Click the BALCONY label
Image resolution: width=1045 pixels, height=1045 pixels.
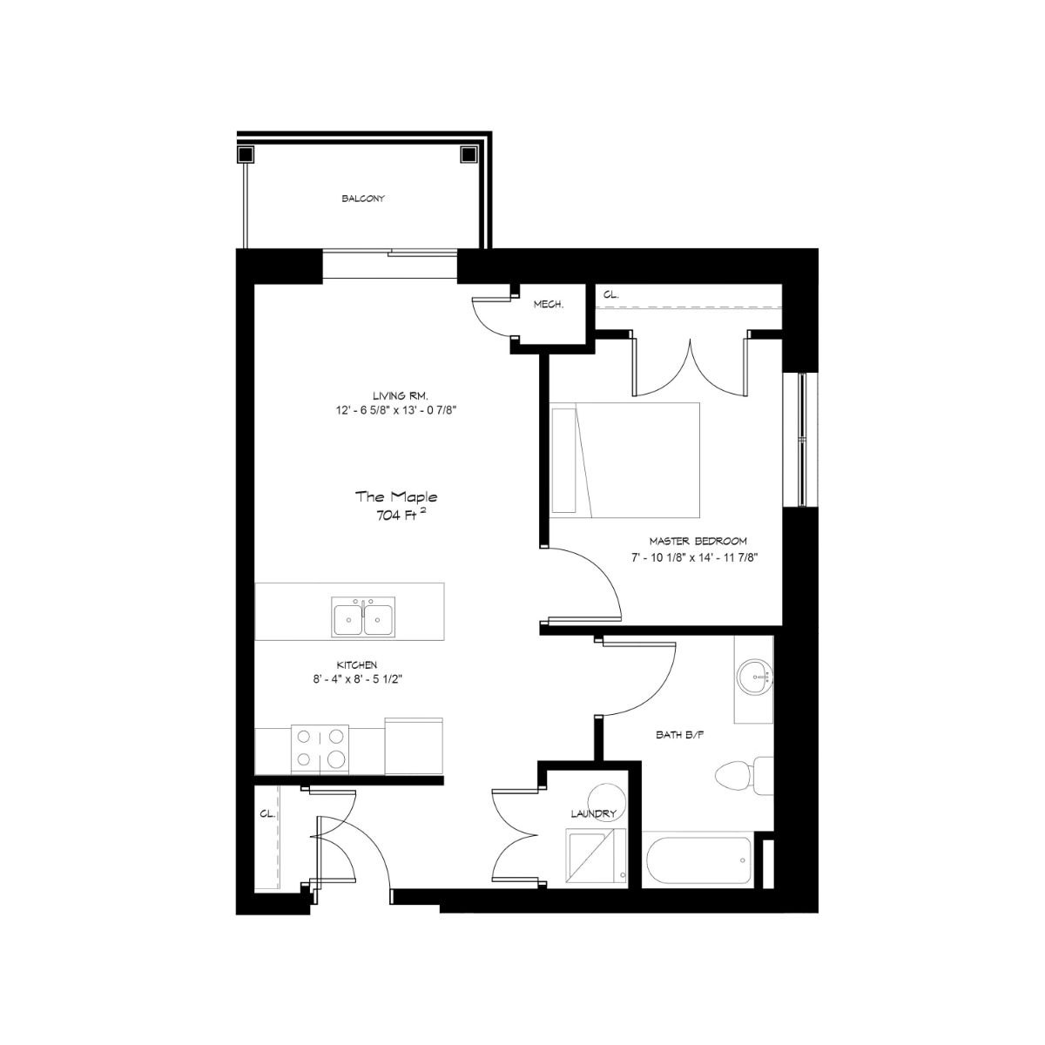[x=363, y=199]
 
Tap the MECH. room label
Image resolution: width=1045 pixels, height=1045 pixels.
[x=549, y=305]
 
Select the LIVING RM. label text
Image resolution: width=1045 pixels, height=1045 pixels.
[x=401, y=395]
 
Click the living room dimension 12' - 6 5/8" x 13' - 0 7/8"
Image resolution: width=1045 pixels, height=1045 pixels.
[x=396, y=410]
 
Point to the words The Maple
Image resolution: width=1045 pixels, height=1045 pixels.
[x=396, y=496]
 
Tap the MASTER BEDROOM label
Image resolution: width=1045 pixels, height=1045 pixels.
[x=698, y=541]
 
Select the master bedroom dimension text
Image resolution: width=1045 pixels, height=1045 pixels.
[x=694, y=557]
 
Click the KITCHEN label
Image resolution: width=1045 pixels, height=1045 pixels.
[x=356, y=664]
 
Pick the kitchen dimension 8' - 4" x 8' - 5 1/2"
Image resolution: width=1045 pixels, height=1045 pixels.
[x=357, y=679]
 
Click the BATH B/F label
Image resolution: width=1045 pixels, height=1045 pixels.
[x=680, y=735]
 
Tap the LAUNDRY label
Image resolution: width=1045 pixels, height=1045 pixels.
[x=594, y=814]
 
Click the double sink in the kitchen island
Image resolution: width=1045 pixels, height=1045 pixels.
[x=363, y=617]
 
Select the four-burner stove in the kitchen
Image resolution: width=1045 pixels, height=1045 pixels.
[x=320, y=750]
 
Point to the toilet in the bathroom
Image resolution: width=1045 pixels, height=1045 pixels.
[x=744, y=776]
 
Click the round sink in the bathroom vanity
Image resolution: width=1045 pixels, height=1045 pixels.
[x=754, y=678]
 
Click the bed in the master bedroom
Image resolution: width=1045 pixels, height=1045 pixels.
[x=624, y=460]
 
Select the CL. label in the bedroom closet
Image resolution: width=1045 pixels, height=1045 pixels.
[x=610, y=295]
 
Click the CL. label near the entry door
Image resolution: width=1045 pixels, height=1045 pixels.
[x=267, y=814]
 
